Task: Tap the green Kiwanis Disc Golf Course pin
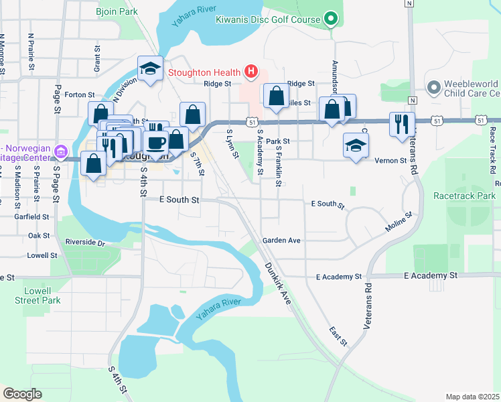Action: (330, 19)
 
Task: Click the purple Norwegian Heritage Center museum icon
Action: (61, 151)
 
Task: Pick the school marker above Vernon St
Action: (356, 144)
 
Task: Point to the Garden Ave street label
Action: (281, 240)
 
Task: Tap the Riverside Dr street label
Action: (85, 242)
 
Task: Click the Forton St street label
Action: (81, 95)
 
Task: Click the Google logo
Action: (22, 394)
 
